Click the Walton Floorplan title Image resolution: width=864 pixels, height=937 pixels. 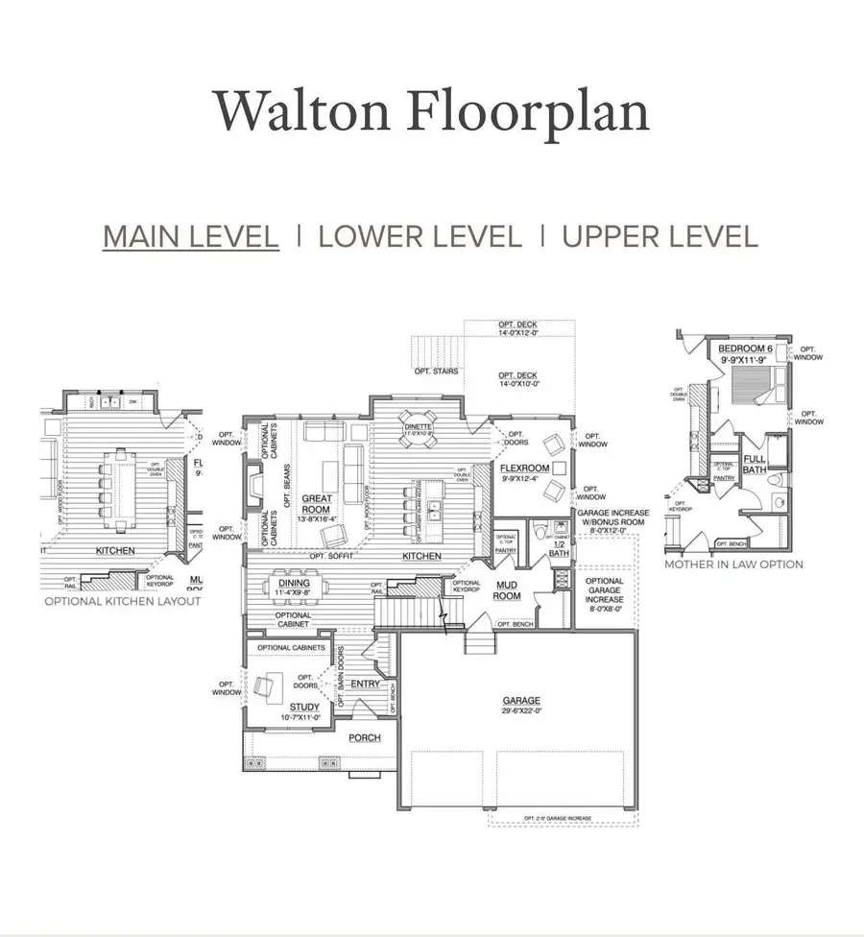(x=431, y=113)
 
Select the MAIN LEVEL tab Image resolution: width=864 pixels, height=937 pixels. (x=191, y=236)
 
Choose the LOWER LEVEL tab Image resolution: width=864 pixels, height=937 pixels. (x=420, y=236)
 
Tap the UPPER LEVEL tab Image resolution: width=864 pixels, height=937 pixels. (x=660, y=236)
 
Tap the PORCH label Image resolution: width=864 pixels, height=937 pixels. (x=365, y=737)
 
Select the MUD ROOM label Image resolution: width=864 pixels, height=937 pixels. (x=507, y=590)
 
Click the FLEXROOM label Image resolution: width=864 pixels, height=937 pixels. (x=524, y=468)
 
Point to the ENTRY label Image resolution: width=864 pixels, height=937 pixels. (x=365, y=684)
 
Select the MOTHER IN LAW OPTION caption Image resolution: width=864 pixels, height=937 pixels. (x=733, y=565)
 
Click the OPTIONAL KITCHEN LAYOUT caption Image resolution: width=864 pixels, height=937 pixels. (x=123, y=601)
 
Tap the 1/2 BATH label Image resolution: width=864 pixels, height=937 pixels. (x=559, y=549)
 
